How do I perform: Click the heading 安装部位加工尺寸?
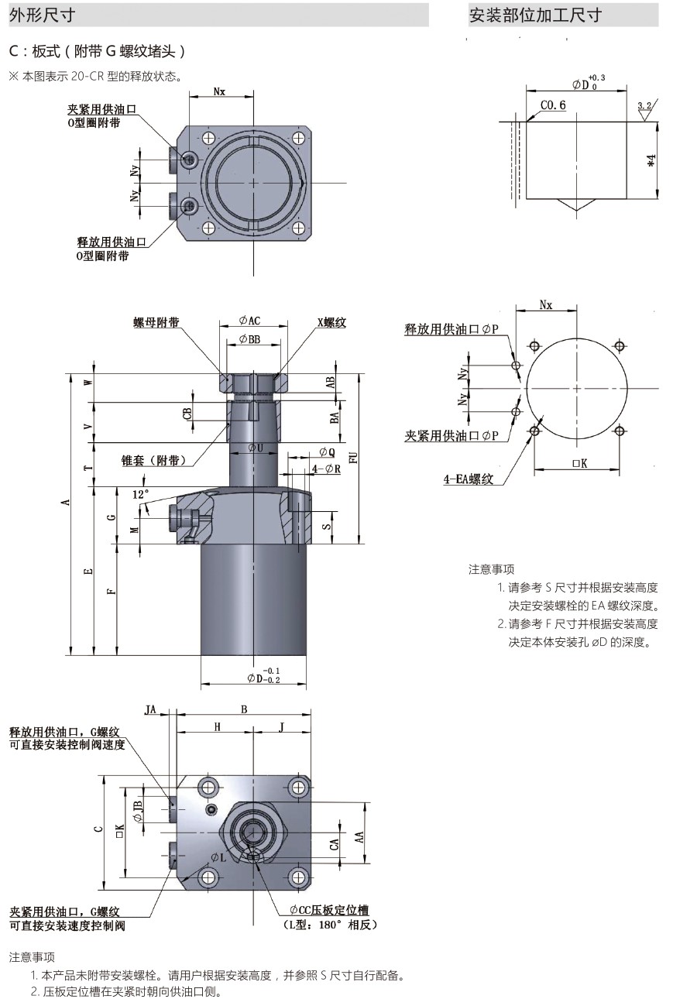click(534, 15)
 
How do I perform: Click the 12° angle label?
click(140, 493)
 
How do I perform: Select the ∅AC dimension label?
click(249, 321)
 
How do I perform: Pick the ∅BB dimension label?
click(249, 339)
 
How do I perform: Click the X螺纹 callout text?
click(331, 323)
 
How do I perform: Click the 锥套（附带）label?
click(154, 460)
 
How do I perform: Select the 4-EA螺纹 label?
click(468, 479)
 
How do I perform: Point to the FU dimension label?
click(353, 458)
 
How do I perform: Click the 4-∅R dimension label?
click(326, 469)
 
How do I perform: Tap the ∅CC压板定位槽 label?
click(329, 911)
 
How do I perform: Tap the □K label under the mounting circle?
click(579, 463)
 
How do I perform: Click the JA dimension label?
click(151, 709)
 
